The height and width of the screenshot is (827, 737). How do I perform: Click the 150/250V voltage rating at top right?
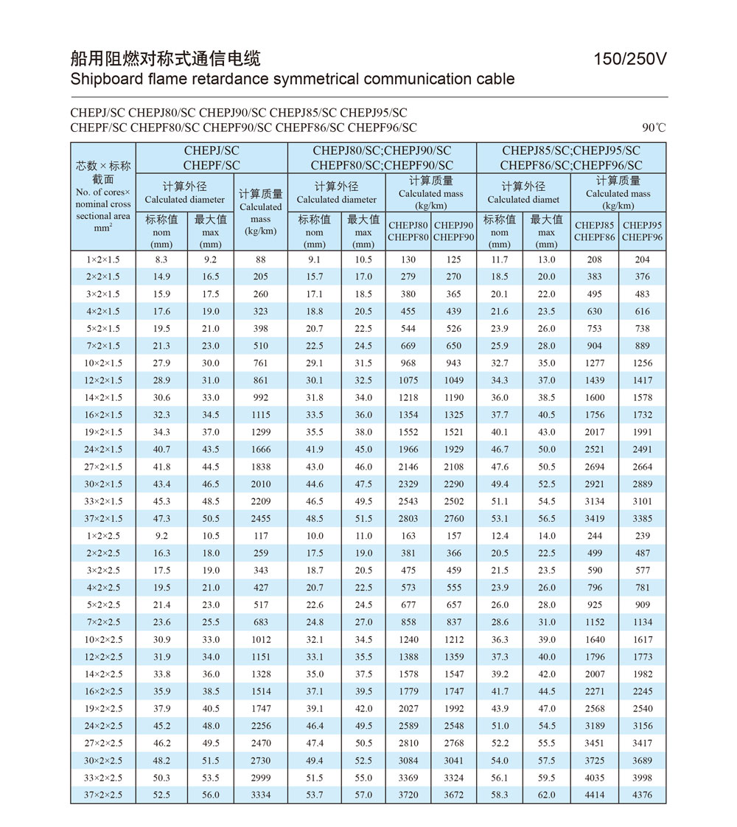tap(630, 59)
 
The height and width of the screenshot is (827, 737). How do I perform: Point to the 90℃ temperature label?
tap(654, 128)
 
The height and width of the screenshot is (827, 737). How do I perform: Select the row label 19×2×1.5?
tap(104, 432)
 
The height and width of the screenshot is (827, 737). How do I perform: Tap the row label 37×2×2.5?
tap(104, 795)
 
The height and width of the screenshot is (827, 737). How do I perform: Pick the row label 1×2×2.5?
tap(104, 535)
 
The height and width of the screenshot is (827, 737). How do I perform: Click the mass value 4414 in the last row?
tap(595, 795)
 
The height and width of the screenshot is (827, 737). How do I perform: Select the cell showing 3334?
tap(260, 795)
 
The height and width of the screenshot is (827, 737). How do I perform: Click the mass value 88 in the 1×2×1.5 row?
tap(260, 259)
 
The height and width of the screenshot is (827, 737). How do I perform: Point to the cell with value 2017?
tap(595, 432)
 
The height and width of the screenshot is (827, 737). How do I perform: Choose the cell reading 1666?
tap(260, 449)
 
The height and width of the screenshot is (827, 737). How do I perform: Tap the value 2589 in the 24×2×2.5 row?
tap(408, 725)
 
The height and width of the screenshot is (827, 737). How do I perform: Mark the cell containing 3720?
tap(408, 795)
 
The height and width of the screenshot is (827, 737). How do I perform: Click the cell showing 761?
tap(260, 363)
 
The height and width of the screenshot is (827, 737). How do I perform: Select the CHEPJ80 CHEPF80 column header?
tap(408, 231)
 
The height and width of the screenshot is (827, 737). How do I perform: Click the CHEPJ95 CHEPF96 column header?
tap(642, 231)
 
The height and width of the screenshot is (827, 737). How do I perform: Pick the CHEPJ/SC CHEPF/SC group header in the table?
tap(212, 158)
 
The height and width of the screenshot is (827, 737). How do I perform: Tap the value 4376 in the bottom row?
tap(642, 795)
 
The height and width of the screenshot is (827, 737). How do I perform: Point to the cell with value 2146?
tap(408, 467)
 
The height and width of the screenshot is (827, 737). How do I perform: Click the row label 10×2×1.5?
tap(104, 363)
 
